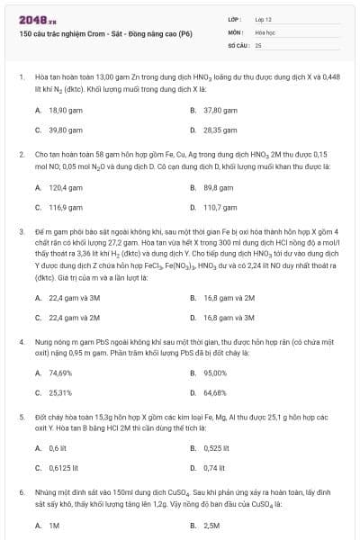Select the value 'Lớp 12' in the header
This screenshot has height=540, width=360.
(263, 18)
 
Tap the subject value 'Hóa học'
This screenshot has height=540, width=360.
(264, 31)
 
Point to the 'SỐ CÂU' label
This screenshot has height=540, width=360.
(238, 44)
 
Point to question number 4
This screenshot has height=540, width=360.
(21, 343)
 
